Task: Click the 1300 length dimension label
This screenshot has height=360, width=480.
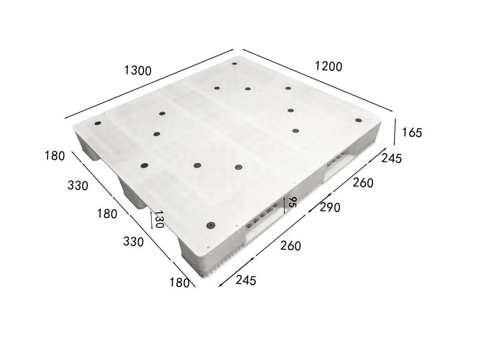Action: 138,70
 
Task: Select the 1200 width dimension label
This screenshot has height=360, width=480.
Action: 329,66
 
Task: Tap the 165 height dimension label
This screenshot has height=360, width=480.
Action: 411,133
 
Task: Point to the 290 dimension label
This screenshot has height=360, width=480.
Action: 330,207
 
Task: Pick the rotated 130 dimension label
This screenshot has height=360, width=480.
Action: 159,219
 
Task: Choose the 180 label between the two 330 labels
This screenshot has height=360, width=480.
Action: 107,214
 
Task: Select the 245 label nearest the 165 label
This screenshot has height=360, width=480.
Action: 391,159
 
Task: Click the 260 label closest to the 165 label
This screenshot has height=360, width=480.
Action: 363,183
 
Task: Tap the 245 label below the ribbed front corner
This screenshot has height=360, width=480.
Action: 246,281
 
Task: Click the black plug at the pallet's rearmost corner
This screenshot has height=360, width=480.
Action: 235,64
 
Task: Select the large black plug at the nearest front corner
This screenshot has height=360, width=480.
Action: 210,225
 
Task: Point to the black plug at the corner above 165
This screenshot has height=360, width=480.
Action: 358,120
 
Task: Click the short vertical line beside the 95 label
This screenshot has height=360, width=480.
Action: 284,205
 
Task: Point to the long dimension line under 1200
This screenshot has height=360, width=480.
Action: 316,80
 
